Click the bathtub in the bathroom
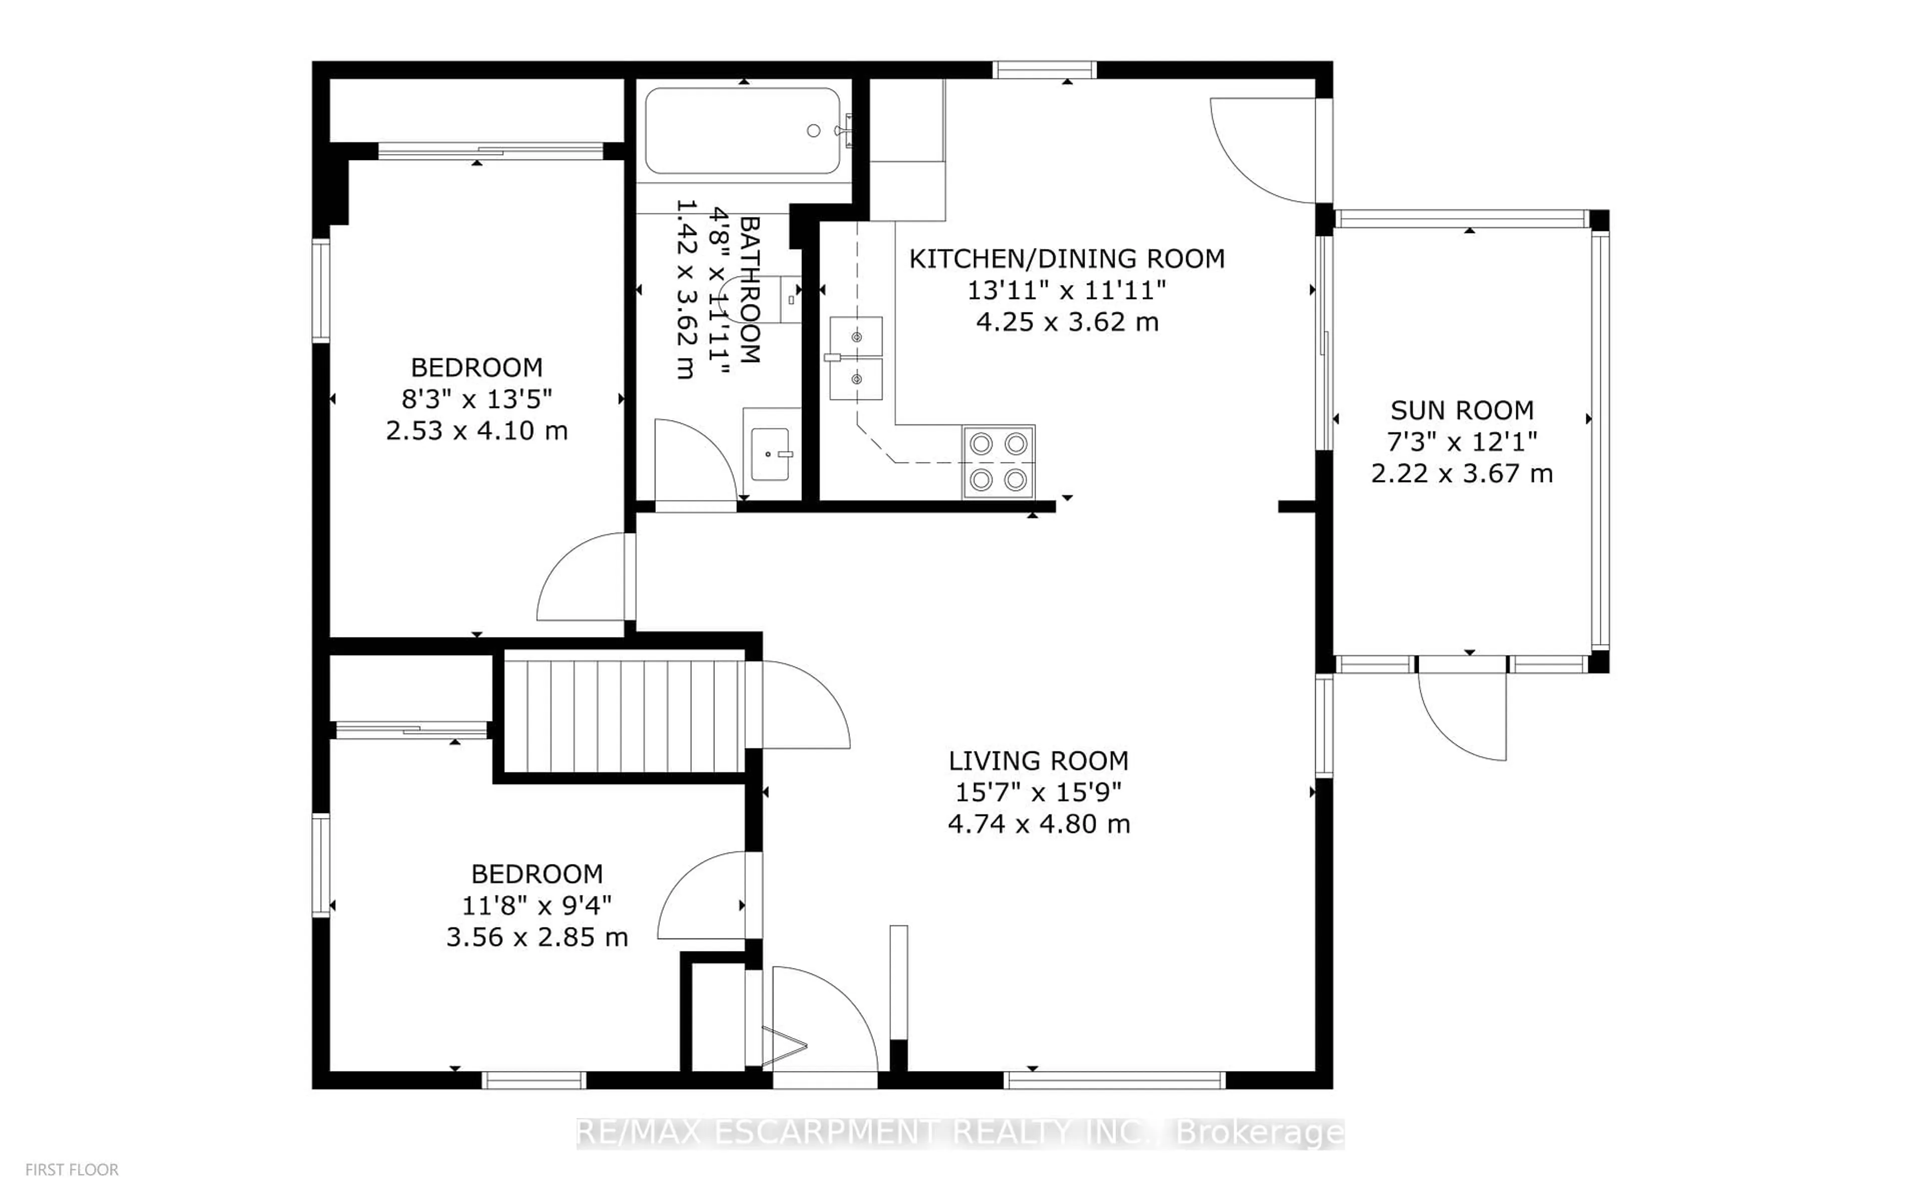point(742,131)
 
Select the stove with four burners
point(999,462)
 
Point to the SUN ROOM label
point(1461,410)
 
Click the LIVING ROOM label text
point(1039,760)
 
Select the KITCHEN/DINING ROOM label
point(1066,258)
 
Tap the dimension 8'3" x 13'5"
point(476,398)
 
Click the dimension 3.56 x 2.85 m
point(537,937)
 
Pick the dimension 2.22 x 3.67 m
point(1461,474)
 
